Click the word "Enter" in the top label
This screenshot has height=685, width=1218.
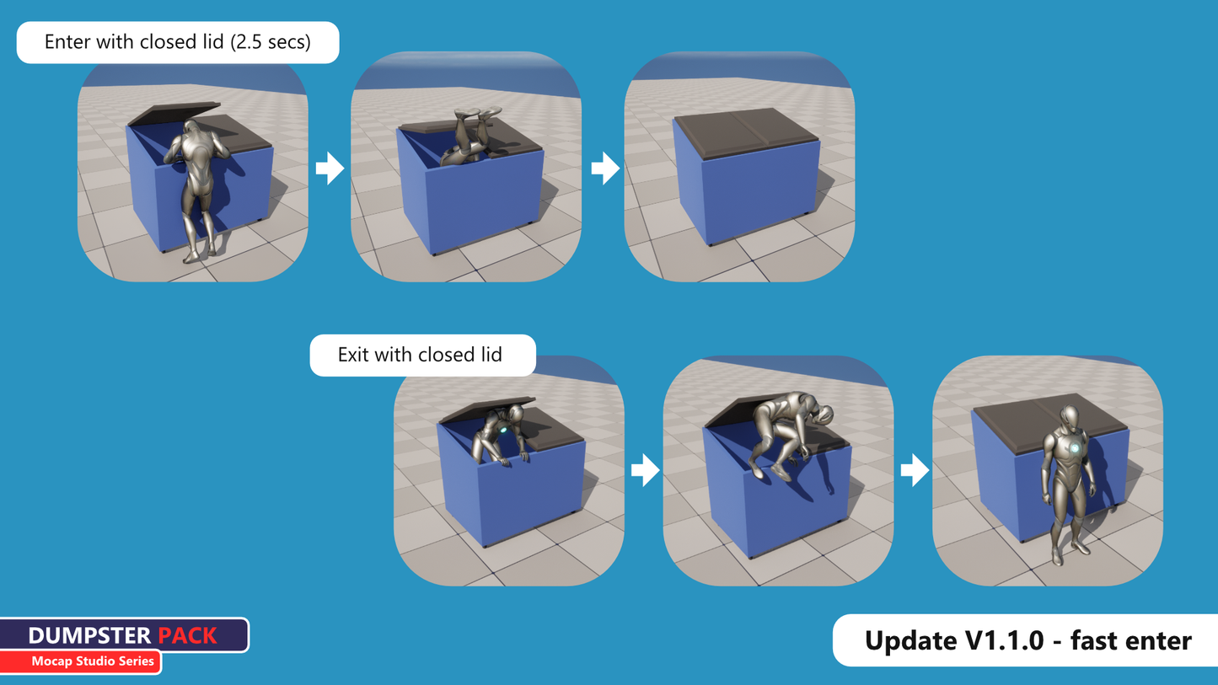click(67, 42)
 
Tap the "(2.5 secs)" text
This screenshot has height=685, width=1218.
click(271, 42)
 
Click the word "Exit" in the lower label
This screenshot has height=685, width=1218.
click(353, 355)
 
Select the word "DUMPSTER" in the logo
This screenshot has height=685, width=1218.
click(89, 635)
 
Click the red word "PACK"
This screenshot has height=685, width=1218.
click(188, 635)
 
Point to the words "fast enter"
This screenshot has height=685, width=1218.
click(1131, 640)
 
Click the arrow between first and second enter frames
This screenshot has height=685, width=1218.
click(330, 169)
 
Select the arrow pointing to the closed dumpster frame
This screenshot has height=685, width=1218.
click(605, 169)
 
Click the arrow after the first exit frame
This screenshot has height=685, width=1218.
click(646, 469)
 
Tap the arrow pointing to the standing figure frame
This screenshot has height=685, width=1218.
click(915, 469)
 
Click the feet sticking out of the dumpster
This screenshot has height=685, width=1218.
click(477, 114)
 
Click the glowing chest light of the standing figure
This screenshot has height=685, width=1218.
click(1075, 448)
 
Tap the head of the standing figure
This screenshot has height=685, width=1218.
click(1070, 418)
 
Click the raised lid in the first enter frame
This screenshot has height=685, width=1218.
click(174, 113)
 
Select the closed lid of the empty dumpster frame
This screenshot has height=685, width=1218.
click(746, 132)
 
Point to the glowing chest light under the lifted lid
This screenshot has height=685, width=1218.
click(503, 431)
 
